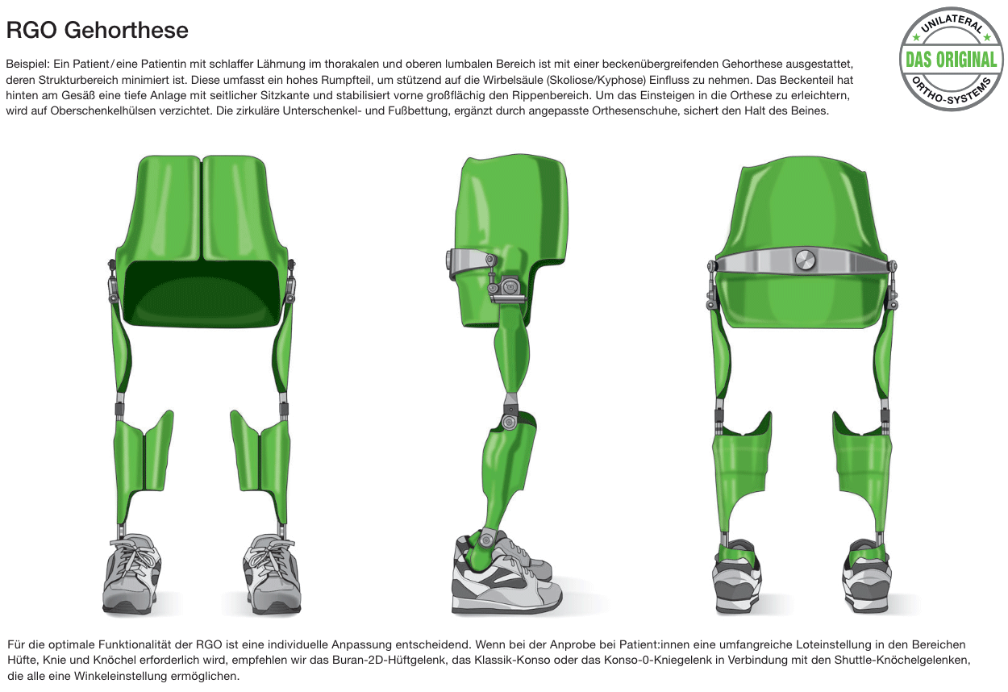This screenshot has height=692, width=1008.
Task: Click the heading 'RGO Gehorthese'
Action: (x=98, y=31)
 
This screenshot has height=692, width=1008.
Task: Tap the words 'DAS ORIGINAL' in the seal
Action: (x=951, y=60)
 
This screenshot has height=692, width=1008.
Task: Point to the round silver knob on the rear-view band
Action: (x=805, y=261)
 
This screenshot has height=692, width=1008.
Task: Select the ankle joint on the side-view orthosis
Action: (x=485, y=539)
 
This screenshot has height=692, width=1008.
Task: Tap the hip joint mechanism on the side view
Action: (x=507, y=288)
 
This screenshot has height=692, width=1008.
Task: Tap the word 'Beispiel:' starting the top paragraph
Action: (x=27, y=65)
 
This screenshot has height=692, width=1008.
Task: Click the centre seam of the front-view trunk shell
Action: (x=202, y=208)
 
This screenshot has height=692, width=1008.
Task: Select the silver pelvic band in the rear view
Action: (x=802, y=261)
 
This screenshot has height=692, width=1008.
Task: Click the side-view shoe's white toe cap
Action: (x=548, y=593)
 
